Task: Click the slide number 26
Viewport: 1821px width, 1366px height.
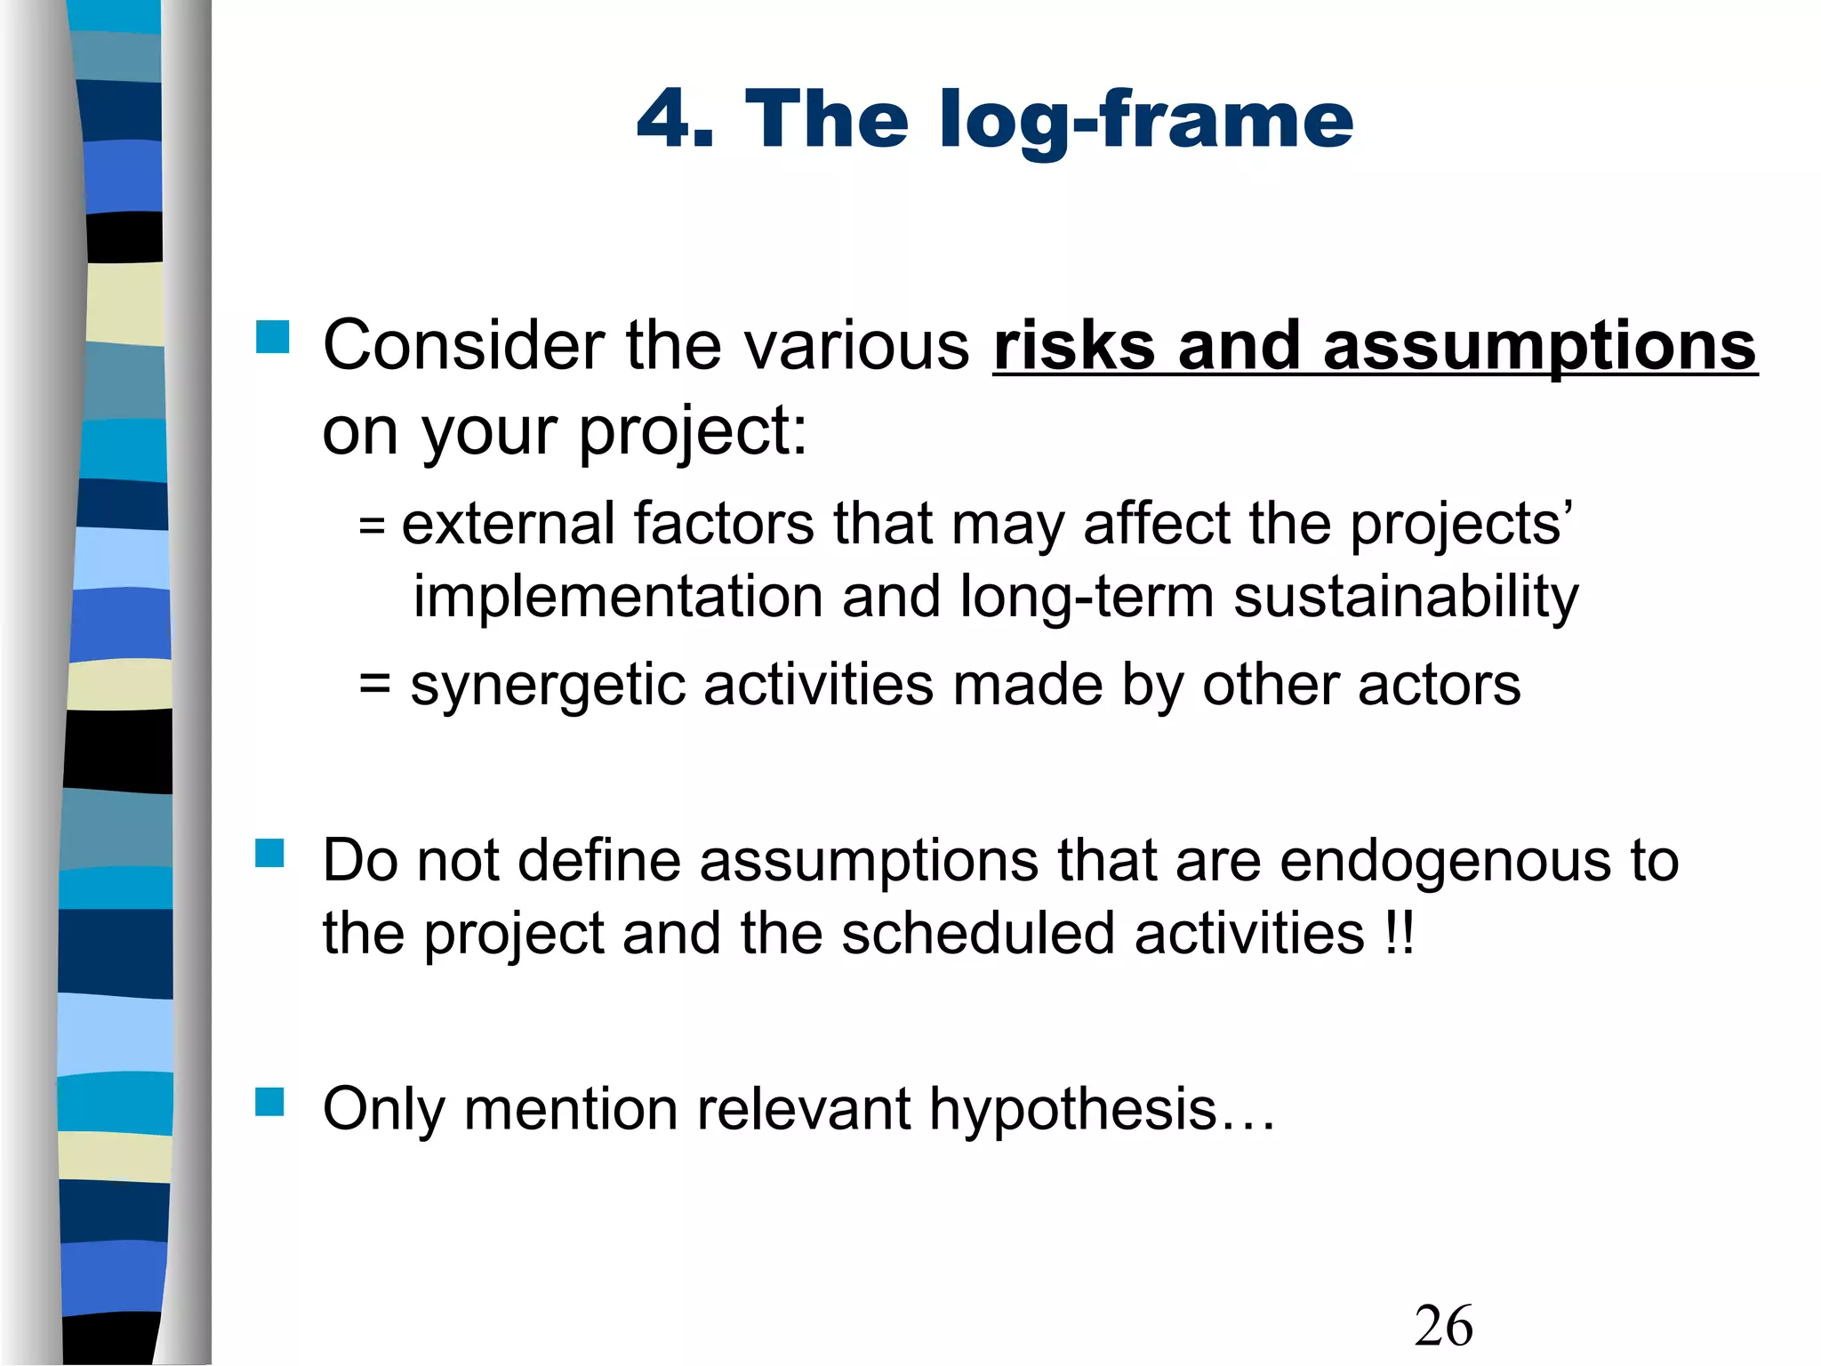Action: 1443,1326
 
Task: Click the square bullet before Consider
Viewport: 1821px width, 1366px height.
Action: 272,338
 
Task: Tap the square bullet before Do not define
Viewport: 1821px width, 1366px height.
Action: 269,854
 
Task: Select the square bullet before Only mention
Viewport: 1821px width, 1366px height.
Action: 269,1102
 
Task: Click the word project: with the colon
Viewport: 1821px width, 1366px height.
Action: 693,432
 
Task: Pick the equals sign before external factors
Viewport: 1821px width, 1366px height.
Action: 372,525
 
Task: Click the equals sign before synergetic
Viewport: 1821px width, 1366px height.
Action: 374,685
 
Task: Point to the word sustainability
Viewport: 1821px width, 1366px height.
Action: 1405,596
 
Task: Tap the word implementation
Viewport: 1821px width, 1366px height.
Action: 618,596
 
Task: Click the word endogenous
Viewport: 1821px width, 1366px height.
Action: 1445,860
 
